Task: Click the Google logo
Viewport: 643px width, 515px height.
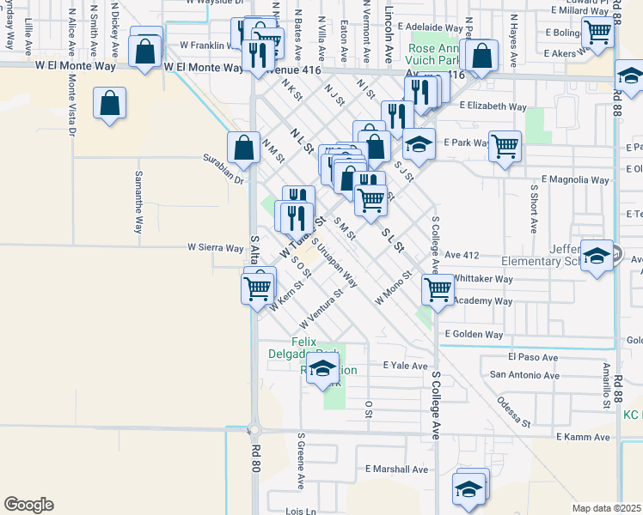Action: point(28,505)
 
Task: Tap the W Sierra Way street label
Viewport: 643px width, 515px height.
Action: point(216,248)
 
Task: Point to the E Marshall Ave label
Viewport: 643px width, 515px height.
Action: point(396,470)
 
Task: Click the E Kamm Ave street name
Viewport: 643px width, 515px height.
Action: point(582,437)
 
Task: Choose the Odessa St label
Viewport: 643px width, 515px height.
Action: point(515,412)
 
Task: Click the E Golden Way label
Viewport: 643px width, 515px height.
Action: point(474,334)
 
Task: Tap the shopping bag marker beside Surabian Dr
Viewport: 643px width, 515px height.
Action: point(244,147)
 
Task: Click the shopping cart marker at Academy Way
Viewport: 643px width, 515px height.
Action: point(438,289)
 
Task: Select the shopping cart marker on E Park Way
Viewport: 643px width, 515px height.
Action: point(505,145)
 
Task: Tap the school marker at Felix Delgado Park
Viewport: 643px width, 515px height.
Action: point(322,371)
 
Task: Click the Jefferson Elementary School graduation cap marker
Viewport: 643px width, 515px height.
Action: point(597,256)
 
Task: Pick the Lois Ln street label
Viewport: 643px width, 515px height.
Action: point(301,511)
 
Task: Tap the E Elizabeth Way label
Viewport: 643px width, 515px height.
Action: point(493,106)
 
